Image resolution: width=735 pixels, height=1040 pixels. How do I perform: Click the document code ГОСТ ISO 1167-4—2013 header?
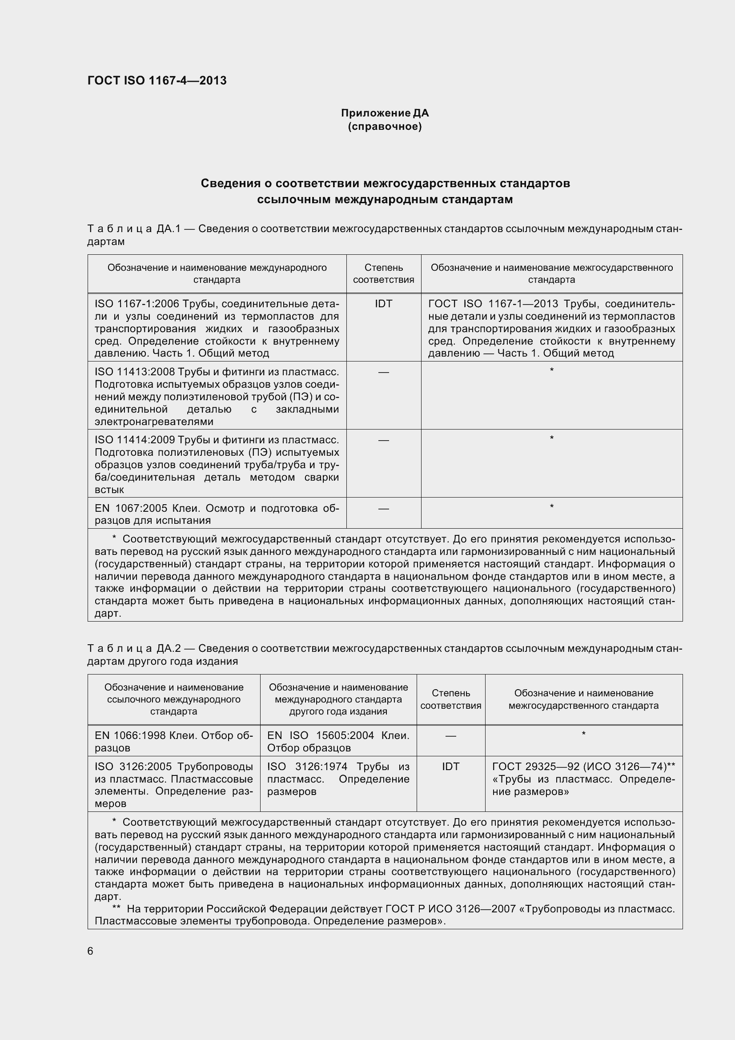coord(157,80)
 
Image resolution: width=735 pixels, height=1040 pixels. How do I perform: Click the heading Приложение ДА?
coord(385,113)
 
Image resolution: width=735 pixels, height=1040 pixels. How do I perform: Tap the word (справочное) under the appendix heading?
coord(385,126)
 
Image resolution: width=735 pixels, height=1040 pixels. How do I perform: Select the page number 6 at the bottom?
coord(90,951)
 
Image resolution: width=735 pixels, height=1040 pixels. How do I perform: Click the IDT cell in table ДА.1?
coord(384,304)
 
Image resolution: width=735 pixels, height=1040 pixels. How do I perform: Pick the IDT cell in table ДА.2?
coord(450,767)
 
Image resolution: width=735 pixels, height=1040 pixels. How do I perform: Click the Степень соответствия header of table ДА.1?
coord(384,273)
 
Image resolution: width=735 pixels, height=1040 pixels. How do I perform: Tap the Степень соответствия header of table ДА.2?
coord(450,699)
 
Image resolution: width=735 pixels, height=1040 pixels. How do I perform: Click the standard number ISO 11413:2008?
coord(135,372)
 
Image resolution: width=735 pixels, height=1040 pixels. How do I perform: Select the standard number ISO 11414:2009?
coord(135,440)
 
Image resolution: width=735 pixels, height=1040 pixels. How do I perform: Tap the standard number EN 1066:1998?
coord(130,735)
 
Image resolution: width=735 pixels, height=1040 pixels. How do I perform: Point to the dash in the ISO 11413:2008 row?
coord(384,372)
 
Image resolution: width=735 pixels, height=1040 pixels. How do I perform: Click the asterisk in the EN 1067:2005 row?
coord(552,506)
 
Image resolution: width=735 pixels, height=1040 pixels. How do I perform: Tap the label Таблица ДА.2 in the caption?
coord(134,649)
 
